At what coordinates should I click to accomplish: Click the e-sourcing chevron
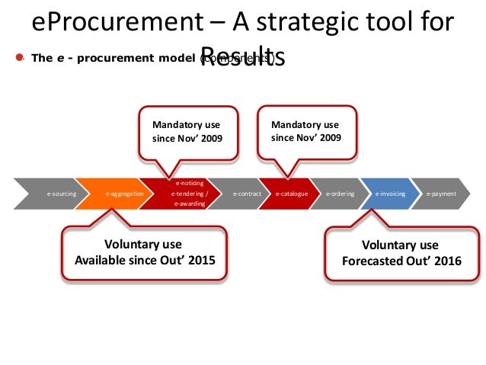pyautogui.click(x=61, y=194)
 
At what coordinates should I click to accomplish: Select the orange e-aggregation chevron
pyautogui.click(x=125, y=194)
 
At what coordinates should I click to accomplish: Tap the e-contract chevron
pyautogui.click(x=247, y=194)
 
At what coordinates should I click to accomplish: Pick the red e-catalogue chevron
pyautogui.click(x=291, y=194)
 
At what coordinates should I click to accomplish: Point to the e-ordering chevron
pyautogui.click(x=340, y=194)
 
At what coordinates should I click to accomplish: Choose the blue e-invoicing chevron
pyautogui.click(x=390, y=194)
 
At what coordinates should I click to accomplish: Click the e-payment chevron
pyautogui.click(x=441, y=194)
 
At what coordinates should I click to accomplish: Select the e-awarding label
pyautogui.click(x=189, y=205)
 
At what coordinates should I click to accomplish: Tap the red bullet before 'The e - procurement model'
pyautogui.click(x=20, y=58)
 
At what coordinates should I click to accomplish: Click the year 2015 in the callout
pyautogui.click(x=200, y=260)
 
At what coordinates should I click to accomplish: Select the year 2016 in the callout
pyautogui.click(x=446, y=260)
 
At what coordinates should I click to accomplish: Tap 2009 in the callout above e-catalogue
pyautogui.click(x=328, y=139)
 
